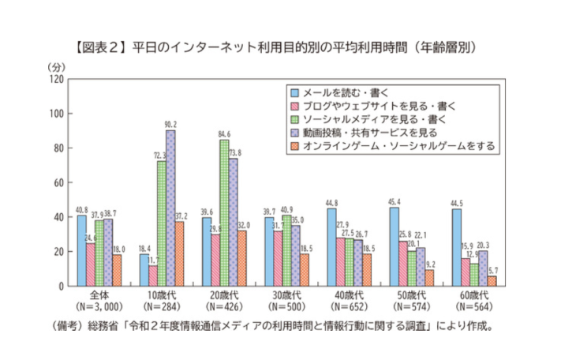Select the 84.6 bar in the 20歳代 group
point(223,212)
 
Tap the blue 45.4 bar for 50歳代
point(392,246)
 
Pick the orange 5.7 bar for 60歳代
point(492,281)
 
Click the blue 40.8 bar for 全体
point(82,250)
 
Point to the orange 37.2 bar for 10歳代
point(181,253)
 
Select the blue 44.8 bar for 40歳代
point(330,247)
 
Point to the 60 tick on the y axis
point(58,182)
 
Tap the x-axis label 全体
point(98,295)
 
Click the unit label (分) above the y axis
point(55,66)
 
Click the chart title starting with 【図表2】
point(288,47)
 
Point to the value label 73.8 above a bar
point(234,152)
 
